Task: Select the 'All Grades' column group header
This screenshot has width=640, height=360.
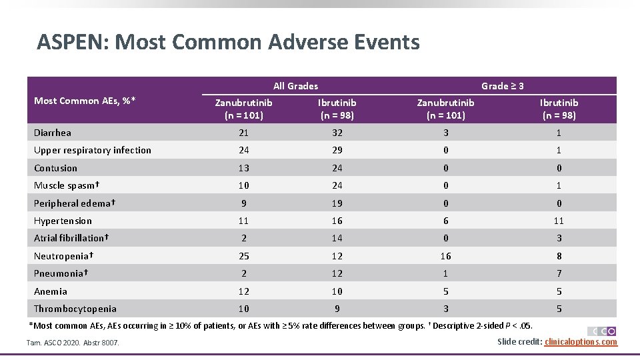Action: click(x=295, y=86)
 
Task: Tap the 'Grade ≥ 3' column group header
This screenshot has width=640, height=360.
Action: click(x=502, y=86)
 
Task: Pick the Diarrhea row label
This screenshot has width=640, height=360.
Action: click(x=53, y=133)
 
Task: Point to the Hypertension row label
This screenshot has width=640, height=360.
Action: click(x=63, y=221)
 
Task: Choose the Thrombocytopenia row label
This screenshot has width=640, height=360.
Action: click(x=75, y=309)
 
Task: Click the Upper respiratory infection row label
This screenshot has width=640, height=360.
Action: click(x=92, y=150)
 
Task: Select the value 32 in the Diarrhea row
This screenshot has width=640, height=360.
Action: click(x=337, y=133)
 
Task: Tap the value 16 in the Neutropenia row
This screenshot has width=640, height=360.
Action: click(x=445, y=256)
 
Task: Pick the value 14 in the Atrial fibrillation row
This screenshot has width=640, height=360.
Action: click(x=337, y=238)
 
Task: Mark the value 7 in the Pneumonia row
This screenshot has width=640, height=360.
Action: click(x=559, y=273)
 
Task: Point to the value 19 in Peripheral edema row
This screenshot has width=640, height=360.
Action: click(x=337, y=203)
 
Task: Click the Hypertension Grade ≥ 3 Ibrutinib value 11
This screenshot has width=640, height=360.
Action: click(x=559, y=221)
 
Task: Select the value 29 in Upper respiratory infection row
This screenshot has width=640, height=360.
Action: click(x=337, y=150)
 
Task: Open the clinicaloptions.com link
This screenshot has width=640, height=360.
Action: click(x=581, y=342)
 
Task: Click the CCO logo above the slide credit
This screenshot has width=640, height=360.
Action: click(x=601, y=331)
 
